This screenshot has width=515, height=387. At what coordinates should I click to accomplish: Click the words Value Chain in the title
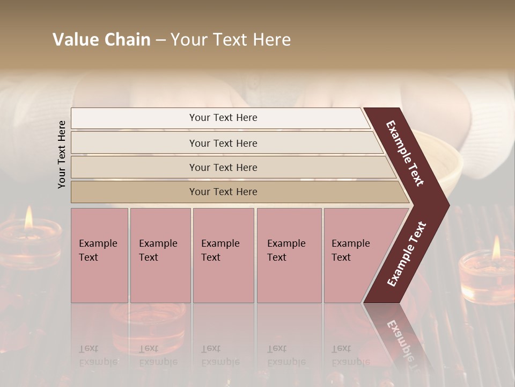(x=101, y=40)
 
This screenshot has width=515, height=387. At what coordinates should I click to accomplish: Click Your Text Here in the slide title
(x=231, y=40)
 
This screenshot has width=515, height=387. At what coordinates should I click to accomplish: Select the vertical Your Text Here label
(x=62, y=154)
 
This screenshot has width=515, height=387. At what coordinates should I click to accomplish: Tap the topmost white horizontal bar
(x=220, y=118)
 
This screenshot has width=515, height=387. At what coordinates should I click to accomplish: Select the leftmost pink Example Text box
(x=99, y=255)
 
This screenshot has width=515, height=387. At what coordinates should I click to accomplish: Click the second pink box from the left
(x=160, y=255)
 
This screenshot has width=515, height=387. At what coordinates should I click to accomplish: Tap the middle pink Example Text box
(x=223, y=255)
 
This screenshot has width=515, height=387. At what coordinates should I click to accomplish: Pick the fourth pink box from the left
(x=289, y=255)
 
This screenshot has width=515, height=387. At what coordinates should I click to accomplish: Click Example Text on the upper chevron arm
(x=405, y=153)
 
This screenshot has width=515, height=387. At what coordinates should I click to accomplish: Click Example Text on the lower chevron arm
(x=407, y=254)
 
